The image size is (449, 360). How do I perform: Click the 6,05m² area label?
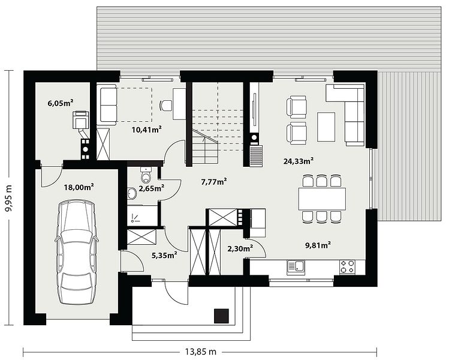61,103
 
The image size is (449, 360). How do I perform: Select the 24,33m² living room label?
298,161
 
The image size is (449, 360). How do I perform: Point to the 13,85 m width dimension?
200,352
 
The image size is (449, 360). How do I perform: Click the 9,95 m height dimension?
9,198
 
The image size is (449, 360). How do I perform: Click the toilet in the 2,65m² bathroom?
146,175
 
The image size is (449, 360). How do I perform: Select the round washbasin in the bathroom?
132,193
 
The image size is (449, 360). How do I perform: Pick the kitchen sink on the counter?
296,267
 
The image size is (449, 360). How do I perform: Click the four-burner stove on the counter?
347,267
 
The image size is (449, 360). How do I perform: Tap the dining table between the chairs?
322,199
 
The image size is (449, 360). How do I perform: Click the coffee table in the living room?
326,127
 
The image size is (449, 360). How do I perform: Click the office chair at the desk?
165,105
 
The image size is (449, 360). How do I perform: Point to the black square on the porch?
222,316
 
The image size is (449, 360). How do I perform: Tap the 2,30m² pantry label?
240,248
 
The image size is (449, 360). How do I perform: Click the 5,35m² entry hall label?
164,255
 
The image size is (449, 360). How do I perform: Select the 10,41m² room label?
147,130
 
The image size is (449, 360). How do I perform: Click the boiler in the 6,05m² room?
80,119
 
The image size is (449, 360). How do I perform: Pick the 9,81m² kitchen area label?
318,245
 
